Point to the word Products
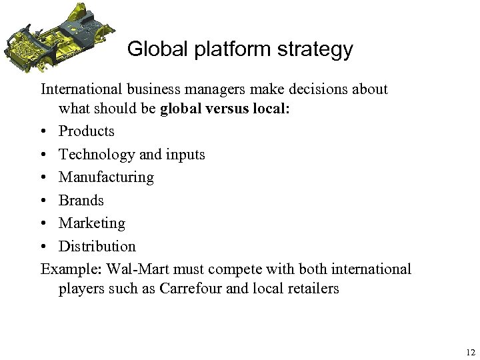[x=87, y=131]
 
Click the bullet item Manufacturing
[x=106, y=177]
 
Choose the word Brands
[x=81, y=200]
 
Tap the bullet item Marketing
[x=92, y=223]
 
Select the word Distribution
[x=97, y=246]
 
